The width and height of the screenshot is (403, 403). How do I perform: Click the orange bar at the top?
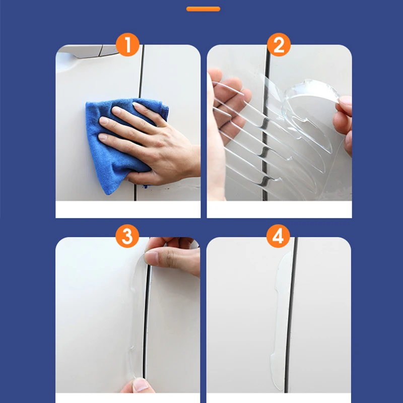(203, 9)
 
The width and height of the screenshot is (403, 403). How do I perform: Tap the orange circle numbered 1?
(127, 44)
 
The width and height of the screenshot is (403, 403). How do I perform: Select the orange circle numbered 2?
(279, 44)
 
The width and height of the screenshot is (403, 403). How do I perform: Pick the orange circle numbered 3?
(127, 236)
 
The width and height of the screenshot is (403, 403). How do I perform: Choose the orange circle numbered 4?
(278, 236)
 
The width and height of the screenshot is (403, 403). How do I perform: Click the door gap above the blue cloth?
(141, 72)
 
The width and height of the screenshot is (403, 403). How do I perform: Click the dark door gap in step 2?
(265, 123)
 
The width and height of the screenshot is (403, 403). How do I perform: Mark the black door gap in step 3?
(146, 321)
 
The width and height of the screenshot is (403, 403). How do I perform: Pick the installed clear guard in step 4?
(281, 321)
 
